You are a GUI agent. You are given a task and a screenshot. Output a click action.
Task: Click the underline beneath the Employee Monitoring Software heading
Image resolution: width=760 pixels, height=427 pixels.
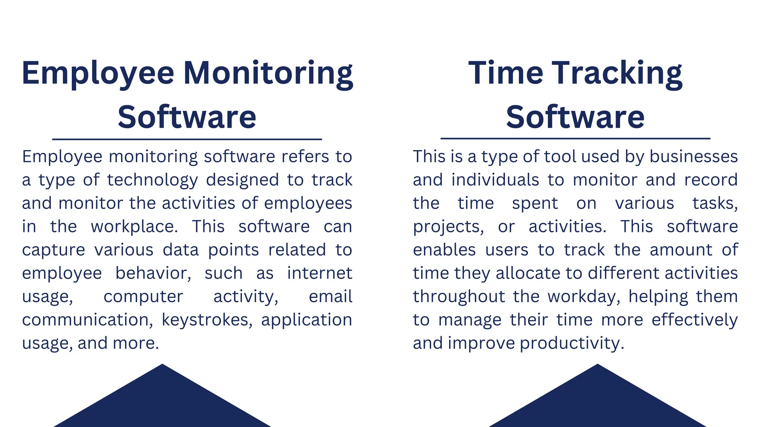click(x=187, y=139)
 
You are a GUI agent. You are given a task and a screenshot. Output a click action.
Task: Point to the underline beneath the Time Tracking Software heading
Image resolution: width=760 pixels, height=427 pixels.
click(x=575, y=139)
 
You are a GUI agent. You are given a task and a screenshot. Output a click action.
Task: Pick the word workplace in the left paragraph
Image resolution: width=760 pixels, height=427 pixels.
click(x=134, y=226)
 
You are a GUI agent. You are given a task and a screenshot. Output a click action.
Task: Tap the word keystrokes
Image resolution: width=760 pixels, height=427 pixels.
click(x=207, y=320)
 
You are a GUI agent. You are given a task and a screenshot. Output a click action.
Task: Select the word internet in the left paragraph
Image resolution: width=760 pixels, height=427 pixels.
click(x=320, y=273)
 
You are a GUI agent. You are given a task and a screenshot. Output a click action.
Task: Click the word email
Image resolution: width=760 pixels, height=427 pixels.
click(x=330, y=297)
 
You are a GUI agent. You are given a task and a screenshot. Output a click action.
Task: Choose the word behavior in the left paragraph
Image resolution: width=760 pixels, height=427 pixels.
click(x=153, y=273)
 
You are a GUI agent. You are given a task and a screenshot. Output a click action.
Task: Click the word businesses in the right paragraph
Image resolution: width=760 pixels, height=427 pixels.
click(x=694, y=156)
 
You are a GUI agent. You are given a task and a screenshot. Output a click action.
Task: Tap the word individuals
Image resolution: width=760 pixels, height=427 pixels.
click(x=495, y=180)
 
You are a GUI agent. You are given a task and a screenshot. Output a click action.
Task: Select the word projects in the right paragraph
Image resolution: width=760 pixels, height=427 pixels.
click(x=448, y=227)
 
